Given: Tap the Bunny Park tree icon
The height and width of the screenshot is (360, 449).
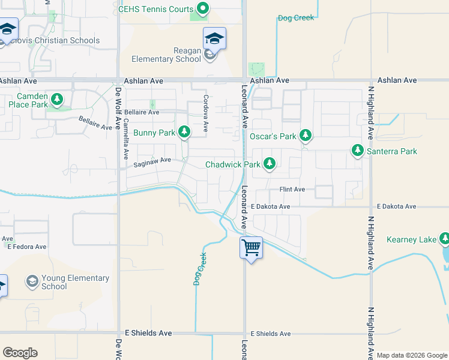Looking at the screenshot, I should (184, 131).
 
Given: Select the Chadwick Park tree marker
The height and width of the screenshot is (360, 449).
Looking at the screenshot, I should (270, 163).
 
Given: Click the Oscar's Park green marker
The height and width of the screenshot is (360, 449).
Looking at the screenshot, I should (306, 135).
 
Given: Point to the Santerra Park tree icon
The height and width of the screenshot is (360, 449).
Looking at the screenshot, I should (358, 151).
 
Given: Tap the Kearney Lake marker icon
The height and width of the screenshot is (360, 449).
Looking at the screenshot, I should (445, 239).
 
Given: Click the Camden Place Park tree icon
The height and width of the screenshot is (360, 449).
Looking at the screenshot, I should (57, 98).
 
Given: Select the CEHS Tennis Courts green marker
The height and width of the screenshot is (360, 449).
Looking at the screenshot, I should (203, 9).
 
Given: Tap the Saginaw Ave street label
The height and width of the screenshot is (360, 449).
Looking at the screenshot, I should (152, 160).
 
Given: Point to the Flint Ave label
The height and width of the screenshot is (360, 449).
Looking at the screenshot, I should (292, 190).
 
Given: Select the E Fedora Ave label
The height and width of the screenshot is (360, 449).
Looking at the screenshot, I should (26, 247).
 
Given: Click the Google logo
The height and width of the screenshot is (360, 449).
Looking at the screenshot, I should (20, 353).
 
